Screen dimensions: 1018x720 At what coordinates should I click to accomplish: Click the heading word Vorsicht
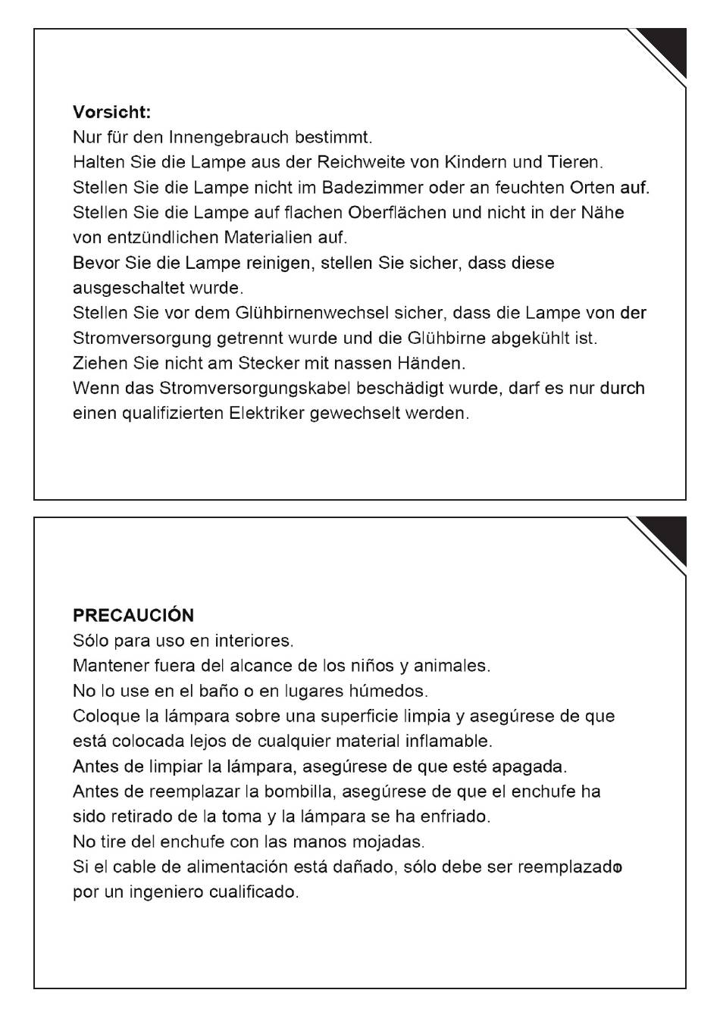click(111, 113)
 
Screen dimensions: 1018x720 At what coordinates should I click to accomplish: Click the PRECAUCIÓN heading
click(133, 616)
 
